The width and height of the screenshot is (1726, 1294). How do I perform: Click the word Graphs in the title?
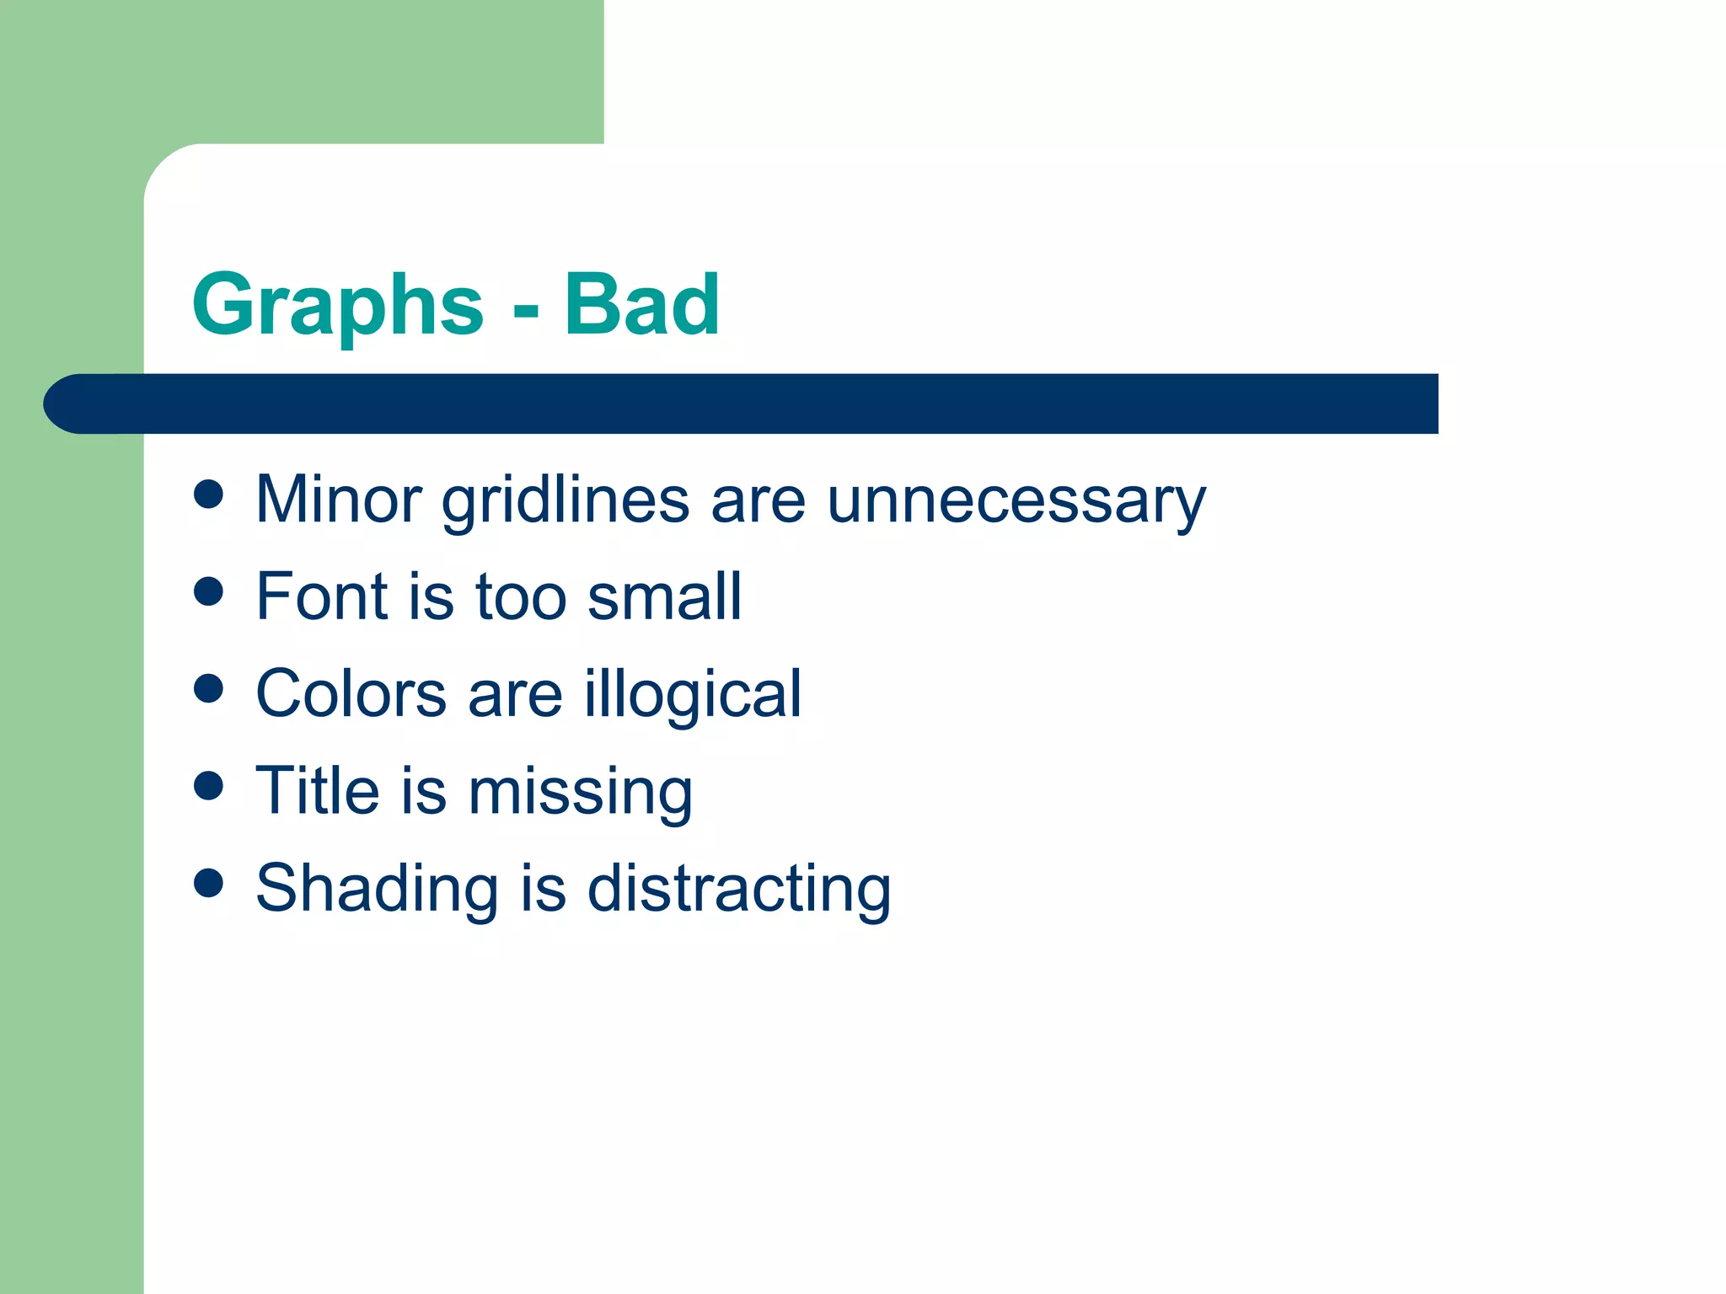pyautogui.click(x=337, y=305)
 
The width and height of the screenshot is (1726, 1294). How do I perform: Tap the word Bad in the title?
pyautogui.click(x=641, y=305)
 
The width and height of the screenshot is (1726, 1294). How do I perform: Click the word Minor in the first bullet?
pyautogui.click(x=338, y=500)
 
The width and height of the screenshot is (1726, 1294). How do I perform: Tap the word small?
pyautogui.click(x=664, y=596)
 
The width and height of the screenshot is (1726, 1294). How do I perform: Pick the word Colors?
pyautogui.click(x=351, y=694)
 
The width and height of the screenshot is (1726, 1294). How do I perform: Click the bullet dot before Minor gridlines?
pyautogui.click(x=208, y=495)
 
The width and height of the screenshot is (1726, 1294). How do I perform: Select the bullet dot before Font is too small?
pyautogui.click(x=208, y=591)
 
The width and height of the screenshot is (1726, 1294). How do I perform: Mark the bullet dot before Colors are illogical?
pyautogui.click(x=208, y=688)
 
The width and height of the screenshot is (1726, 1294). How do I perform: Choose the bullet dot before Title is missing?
pyautogui.click(x=208, y=786)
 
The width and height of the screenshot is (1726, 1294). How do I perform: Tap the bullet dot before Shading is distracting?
pyautogui.click(x=208, y=883)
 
